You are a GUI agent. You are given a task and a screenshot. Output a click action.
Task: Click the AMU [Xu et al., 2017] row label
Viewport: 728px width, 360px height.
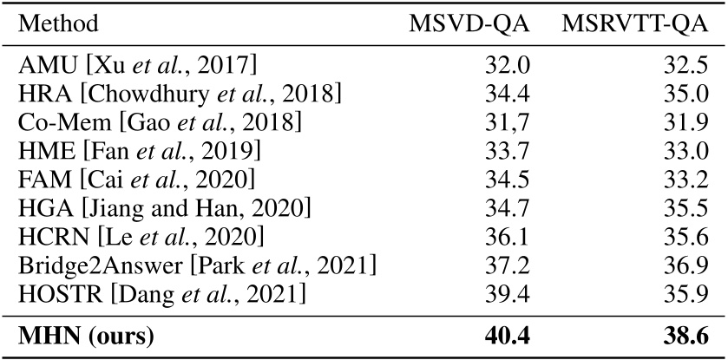[x=138, y=66]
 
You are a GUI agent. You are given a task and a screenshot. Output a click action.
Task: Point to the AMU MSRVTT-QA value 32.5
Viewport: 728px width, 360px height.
[x=680, y=66]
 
